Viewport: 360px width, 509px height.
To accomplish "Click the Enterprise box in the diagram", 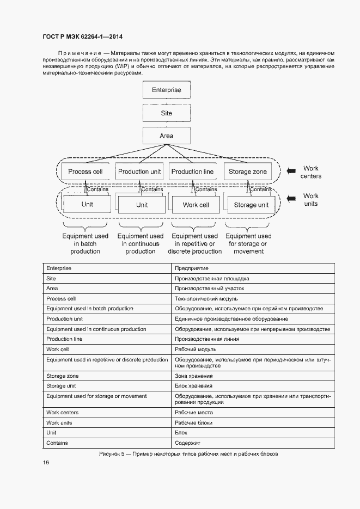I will coord(167,90).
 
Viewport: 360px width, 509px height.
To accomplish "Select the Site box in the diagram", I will coord(167,113).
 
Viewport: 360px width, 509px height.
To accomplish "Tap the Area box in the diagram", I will coord(167,136).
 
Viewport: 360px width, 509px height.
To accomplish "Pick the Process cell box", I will coord(85,171).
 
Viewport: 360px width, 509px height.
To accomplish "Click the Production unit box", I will coord(139,171).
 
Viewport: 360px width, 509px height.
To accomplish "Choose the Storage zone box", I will coord(248,171).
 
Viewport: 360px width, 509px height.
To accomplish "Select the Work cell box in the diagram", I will coord(196,205).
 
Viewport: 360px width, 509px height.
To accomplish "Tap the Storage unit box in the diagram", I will coord(251,205).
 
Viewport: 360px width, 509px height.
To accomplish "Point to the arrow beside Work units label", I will coord(293,199).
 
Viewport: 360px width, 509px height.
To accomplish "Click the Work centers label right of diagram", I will coord(311,172).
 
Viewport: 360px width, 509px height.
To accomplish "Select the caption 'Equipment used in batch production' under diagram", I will coord(86,244).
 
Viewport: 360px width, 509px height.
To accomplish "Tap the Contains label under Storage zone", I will coord(261,189).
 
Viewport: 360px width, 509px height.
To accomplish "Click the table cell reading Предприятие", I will coord(191,268).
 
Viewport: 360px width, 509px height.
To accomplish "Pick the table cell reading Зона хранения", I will coord(193,376).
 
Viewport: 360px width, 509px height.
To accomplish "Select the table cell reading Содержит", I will coord(188,443).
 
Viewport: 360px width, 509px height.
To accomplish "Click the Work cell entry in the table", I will coord(57,349).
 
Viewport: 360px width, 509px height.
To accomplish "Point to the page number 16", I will coord(46,462).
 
